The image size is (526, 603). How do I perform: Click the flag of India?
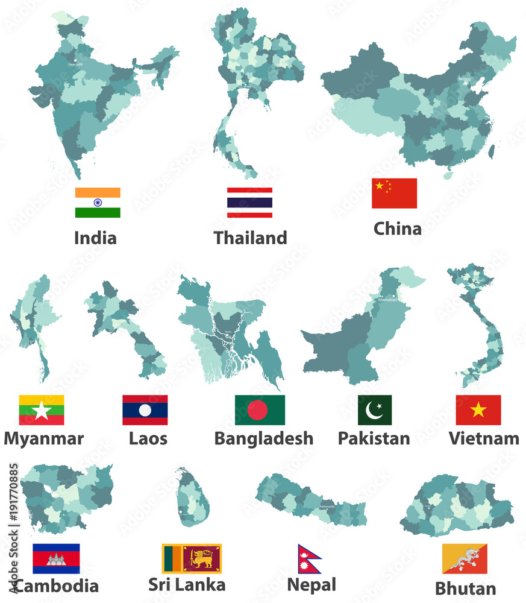[98, 203]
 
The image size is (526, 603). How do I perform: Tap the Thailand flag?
[249, 203]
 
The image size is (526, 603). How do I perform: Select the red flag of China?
[394, 193]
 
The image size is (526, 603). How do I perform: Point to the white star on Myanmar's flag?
[42, 411]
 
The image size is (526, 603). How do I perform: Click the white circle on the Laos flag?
[145, 411]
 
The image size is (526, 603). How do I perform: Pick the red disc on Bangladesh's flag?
[257, 411]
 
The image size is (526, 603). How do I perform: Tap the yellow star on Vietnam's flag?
[478, 410]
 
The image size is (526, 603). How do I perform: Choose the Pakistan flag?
[374, 410]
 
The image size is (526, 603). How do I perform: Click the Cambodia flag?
[56, 558]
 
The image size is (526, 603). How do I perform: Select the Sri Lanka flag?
[192, 558]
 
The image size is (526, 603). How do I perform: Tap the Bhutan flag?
[465, 559]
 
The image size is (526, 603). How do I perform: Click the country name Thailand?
[250, 238]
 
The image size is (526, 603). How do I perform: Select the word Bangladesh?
[263, 438]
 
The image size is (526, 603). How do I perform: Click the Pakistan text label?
[374, 438]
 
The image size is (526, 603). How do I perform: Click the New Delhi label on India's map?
[76, 63]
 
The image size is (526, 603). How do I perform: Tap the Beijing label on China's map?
[464, 79]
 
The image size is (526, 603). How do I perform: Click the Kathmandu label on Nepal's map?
[326, 506]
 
